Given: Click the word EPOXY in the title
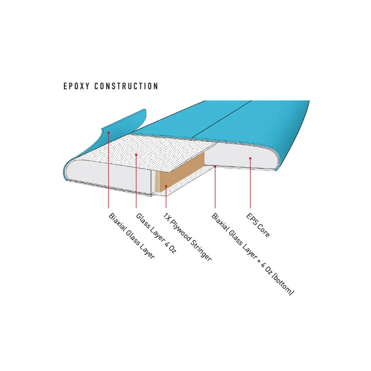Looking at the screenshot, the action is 77,86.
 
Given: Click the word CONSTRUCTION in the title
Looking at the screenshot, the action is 127,86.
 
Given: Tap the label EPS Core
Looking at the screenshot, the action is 258,225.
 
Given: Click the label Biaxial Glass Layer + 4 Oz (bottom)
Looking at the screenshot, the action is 253,254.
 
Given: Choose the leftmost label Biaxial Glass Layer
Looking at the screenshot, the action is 131,236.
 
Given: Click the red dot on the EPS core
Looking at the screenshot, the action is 250,158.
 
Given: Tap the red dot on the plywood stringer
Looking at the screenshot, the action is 166,186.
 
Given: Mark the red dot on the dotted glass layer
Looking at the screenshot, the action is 136,155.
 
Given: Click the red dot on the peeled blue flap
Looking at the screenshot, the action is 108,132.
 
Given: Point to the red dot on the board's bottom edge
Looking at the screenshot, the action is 215,167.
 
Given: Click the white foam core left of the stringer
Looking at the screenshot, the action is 109,174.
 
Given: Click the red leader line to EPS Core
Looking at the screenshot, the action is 250,183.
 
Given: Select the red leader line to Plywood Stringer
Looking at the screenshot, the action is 166,197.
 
